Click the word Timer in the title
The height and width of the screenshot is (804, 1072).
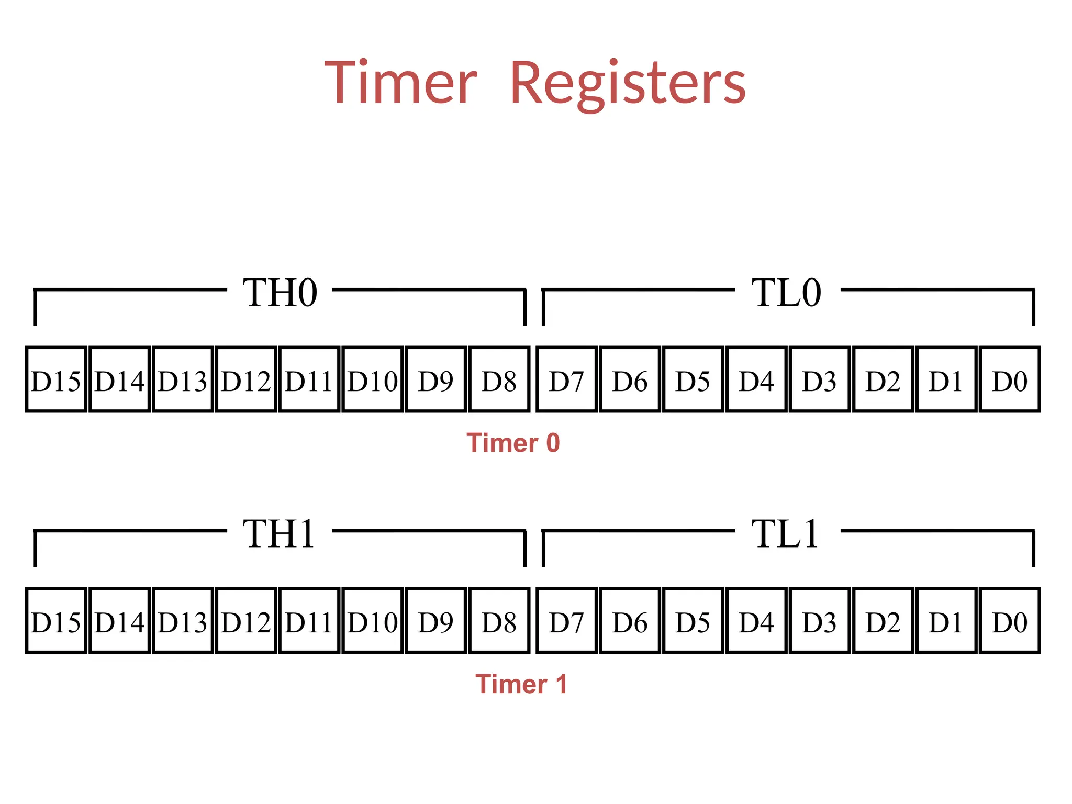tap(400, 83)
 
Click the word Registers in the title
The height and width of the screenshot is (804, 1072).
tap(628, 84)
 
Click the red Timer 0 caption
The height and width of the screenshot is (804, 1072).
tap(513, 443)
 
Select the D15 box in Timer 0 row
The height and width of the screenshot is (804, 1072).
tap(56, 379)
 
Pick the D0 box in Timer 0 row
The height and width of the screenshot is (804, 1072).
tap(1009, 379)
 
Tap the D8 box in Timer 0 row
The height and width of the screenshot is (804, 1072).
tap(499, 379)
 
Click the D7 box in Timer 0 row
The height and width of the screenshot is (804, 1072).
tap(566, 379)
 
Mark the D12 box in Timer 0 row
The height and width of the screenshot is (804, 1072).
tap(246, 379)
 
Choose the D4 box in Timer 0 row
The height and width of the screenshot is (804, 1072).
tap(756, 379)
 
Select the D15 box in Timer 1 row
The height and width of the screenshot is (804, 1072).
tap(56, 621)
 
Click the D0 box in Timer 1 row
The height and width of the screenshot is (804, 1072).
tap(1009, 621)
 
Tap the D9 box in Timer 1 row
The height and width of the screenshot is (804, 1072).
tap(435, 621)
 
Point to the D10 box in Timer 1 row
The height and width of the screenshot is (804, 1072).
tap(372, 621)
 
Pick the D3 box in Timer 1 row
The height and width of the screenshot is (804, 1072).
tap(820, 621)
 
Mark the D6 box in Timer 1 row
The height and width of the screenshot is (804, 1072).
tap(630, 621)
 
